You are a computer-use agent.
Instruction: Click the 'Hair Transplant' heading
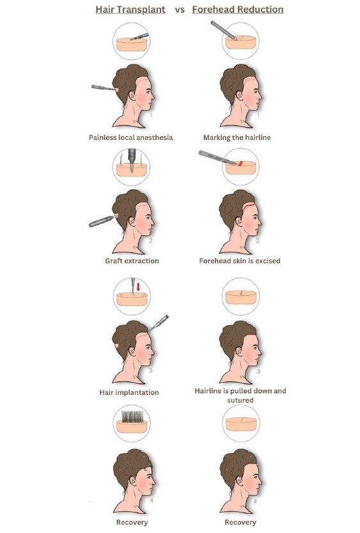pyautogui.click(x=130, y=10)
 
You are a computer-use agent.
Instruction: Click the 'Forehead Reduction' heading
pyautogui.click(x=237, y=10)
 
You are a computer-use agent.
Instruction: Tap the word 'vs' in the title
pyautogui.click(x=180, y=10)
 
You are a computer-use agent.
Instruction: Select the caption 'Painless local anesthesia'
pyautogui.click(x=130, y=137)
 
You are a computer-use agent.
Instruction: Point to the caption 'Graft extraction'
pyautogui.click(x=132, y=261)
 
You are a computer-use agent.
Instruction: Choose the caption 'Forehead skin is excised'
pyautogui.click(x=240, y=261)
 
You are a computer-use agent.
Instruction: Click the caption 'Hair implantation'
pyautogui.click(x=129, y=392)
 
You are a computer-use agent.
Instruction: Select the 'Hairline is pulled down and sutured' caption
pyautogui.click(x=240, y=395)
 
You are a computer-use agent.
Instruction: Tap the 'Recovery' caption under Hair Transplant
pyautogui.click(x=132, y=522)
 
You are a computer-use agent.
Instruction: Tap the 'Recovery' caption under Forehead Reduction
pyautogui.click(x=240, y=522)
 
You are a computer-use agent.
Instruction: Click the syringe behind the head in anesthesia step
pyautogui.click(x=104, y=88)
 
